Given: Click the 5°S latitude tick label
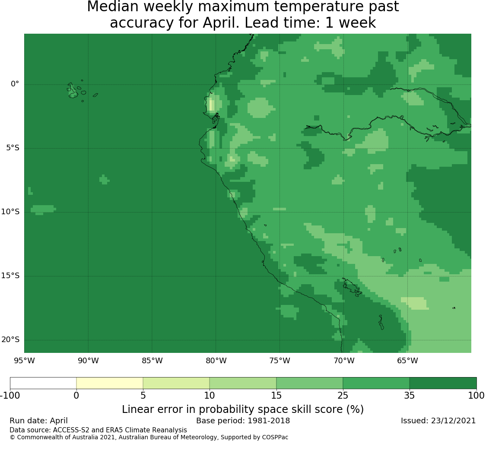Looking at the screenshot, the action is tap(13, 148).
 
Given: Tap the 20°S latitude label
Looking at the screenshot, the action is tap(10, 339).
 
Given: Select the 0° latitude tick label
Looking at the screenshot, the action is tap(15, 84).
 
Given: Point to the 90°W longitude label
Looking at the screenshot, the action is tap(88, 361).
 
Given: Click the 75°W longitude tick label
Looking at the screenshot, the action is tap(280, 361).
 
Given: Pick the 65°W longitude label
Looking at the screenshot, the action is tap(407, 361).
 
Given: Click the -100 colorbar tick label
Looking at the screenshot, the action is tap(10, 396).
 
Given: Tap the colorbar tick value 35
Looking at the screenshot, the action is tap(410, 396).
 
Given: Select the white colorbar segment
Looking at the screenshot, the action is tap(43, 383).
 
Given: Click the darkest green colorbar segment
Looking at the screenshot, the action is tap(443, 383).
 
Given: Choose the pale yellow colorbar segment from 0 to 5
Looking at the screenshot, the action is tap(110, 383).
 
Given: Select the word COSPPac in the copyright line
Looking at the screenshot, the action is tap(275, 438).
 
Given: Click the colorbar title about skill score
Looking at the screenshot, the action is tap(243, 409).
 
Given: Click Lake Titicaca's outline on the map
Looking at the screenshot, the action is tap(352, 287).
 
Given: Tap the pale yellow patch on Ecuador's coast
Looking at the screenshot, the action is tap(211, 105).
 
